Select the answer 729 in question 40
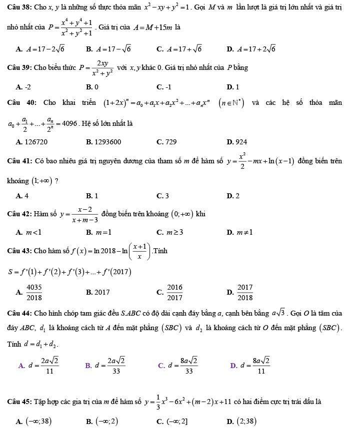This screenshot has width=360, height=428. coord(170,142)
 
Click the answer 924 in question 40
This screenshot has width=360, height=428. coord(240,142)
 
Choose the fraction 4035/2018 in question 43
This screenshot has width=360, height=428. coord(33,292)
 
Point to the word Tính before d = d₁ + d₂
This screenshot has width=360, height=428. coord(11,344)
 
